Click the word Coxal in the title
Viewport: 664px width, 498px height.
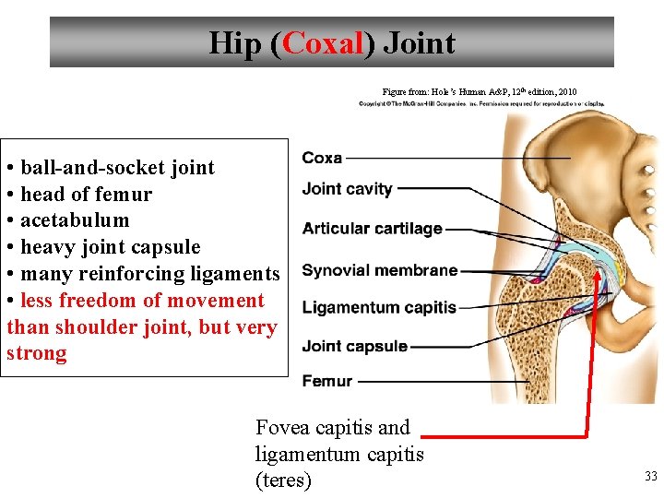[x=323, y=42]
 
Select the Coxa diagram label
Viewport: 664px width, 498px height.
[x=322, y=158]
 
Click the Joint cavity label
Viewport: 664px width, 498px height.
[x=348, y=189]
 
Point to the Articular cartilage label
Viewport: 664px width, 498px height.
[x=373, y=229]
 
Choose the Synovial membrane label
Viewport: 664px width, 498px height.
[x=380, y=270]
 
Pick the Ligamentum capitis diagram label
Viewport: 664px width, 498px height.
[x=379, y=307]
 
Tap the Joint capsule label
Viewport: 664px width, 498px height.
[x=355, y=347]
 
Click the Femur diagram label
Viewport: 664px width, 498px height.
[x=327, y=381]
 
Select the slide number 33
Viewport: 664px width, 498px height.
[x=650, y=476]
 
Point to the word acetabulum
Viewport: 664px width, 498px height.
[x=75, y=220]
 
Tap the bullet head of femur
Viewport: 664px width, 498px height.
[x=86, y=194]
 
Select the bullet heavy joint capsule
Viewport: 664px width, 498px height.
[x=110, y=247]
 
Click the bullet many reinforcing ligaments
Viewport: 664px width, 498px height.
[x=149, y=274]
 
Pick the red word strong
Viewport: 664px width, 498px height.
[x=37, y=353]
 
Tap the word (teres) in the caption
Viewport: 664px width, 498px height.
[x=283, y=480]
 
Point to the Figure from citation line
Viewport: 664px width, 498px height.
[x=480, y=91]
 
